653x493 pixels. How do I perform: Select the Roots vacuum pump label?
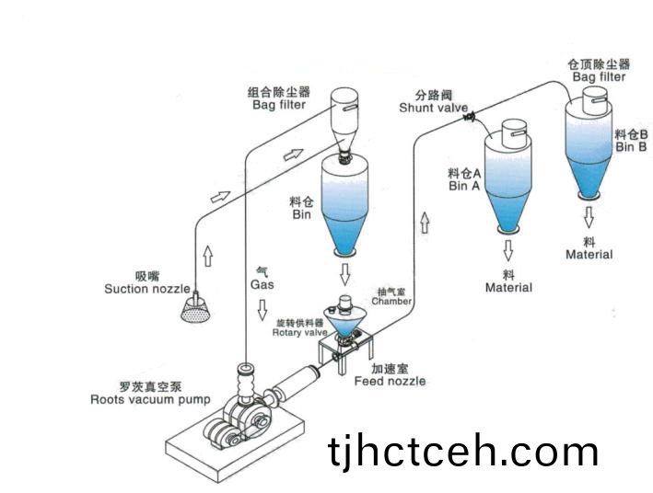[150, 399]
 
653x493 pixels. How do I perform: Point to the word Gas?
[262, 284]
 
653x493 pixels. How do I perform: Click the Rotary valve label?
[299, 332]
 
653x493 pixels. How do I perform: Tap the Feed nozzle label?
[390, 380]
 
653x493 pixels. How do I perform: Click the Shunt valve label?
[433, 108]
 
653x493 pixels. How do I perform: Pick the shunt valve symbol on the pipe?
[469, 117]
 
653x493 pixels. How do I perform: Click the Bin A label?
[464, 185]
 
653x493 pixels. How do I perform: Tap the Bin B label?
[631, 146]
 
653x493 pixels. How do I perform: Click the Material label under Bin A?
[508, 288]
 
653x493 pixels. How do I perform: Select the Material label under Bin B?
[589, 254]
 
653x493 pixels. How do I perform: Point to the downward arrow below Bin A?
[507, 249]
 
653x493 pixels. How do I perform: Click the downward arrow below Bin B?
[588, 217]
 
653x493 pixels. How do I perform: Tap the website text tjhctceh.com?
[463, 452]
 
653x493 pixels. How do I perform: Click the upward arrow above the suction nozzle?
[207, 256]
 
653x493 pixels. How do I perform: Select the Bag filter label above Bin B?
[599, 77]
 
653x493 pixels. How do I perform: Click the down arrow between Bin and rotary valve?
[345, 274]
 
